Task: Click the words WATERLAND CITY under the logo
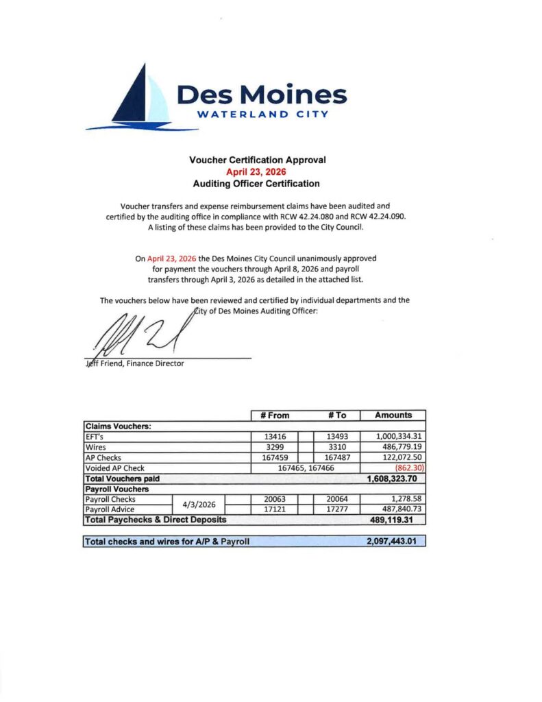[x=262, y=114]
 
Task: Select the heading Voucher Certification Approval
[x=257, y=160]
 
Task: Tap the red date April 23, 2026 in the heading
[x=257, y=171]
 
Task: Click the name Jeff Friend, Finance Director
[x=134, y=363]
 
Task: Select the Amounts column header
[x=393, y=415]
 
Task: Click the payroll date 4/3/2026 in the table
[x=199, y=505]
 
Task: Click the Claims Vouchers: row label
[x=117, y=425]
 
